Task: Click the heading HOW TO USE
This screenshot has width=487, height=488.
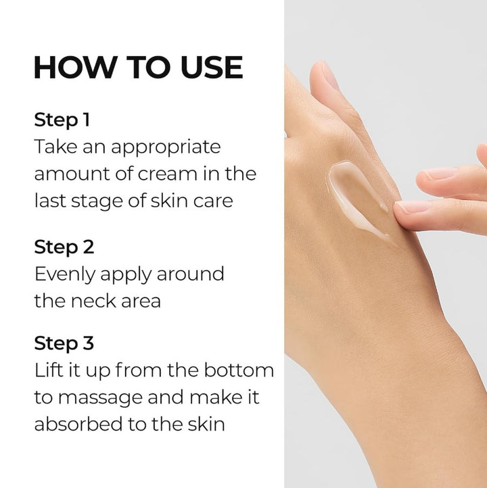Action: tap(138, 68)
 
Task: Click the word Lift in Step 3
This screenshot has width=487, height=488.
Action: tap(48, 370)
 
